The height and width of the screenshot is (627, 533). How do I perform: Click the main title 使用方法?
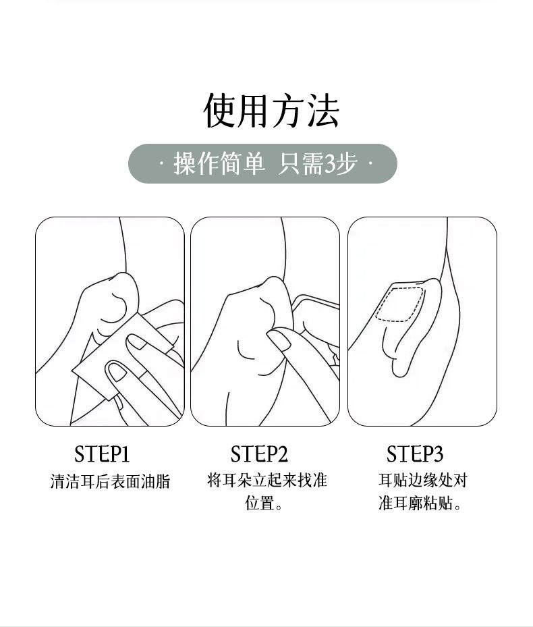click(x=271, y=111)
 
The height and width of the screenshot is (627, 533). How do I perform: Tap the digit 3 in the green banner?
click(x=331, y=164)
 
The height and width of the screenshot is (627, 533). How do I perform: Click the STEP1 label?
click(x=102, y=454)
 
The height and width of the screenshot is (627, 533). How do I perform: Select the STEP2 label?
click(x=259, y=454)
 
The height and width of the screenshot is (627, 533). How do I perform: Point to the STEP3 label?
click(x=415, y=454)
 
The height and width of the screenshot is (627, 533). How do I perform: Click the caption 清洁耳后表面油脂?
click(x=110, y=481)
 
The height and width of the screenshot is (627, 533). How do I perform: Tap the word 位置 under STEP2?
click(x=259, y=503)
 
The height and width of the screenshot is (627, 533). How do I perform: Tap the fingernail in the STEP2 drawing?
click(x=278, y=339)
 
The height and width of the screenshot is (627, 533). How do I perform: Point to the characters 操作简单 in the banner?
click(x=219, y=164)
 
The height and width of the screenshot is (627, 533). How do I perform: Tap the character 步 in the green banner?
click(x=347, y=164)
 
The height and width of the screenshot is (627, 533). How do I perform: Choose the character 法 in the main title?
click(x=323, y=111)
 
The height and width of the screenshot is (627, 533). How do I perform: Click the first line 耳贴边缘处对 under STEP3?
click(x=423, y=481)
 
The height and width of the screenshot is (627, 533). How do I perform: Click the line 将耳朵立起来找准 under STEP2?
click(x=267, y=480)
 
